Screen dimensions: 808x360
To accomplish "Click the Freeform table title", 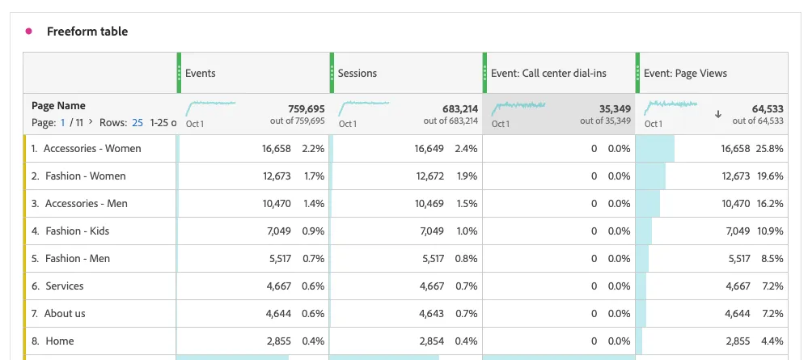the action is [87, 32].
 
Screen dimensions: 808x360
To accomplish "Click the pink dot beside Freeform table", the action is [29, 32].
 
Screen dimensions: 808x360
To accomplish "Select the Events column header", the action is [201, 74].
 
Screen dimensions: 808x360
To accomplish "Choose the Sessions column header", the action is [357, 74].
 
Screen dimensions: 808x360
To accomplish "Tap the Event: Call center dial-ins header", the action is [548, 74].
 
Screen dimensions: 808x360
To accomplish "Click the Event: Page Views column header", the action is [685, 74].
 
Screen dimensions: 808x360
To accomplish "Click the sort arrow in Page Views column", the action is [718, 115].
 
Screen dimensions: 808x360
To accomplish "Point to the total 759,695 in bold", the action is [306, 109].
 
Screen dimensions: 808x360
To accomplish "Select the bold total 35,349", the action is [615, 109].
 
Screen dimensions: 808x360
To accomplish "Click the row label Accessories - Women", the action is [92, 149].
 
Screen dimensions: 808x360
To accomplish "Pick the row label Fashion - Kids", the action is [78, 231].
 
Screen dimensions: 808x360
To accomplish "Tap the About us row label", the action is [65, 314].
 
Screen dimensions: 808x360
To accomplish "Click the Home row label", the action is [60, 341].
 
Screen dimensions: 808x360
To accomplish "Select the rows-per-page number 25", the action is [137, 123].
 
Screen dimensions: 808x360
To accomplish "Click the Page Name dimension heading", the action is [59, 106].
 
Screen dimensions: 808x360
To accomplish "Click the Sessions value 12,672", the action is [429, 176].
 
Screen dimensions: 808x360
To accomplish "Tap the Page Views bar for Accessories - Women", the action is [655, 149].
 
